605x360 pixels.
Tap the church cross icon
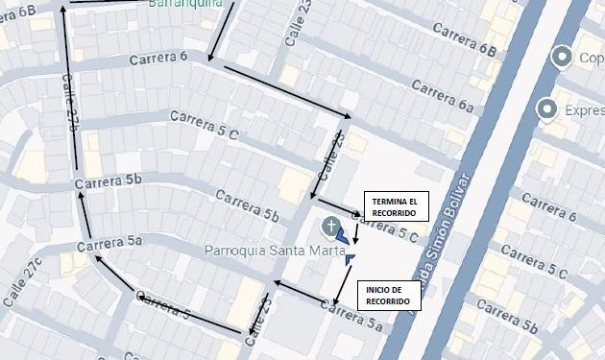click(x=331, y=228)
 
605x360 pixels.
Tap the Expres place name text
click(x=582, y=110)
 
